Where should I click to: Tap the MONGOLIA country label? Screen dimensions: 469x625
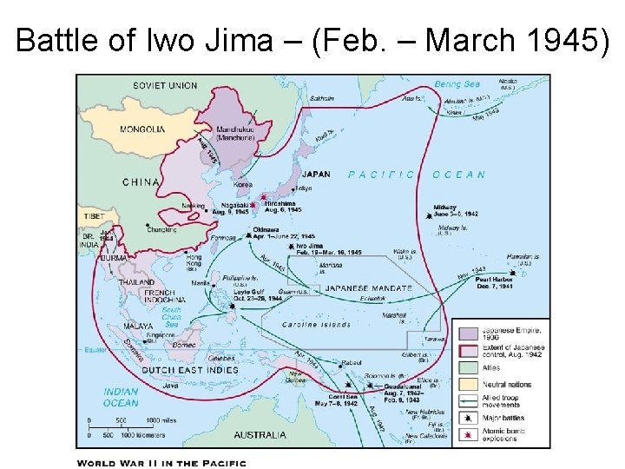[141, 129]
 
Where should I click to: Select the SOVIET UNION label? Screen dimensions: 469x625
[164, 85]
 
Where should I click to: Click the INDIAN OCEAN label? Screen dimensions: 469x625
[121, 397]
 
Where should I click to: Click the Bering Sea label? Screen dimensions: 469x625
[457, 84]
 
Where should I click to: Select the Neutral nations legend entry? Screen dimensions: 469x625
[500, 383]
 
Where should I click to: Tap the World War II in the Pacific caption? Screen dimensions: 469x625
[161, 463]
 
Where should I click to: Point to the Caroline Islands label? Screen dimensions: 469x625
[317, 324]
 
